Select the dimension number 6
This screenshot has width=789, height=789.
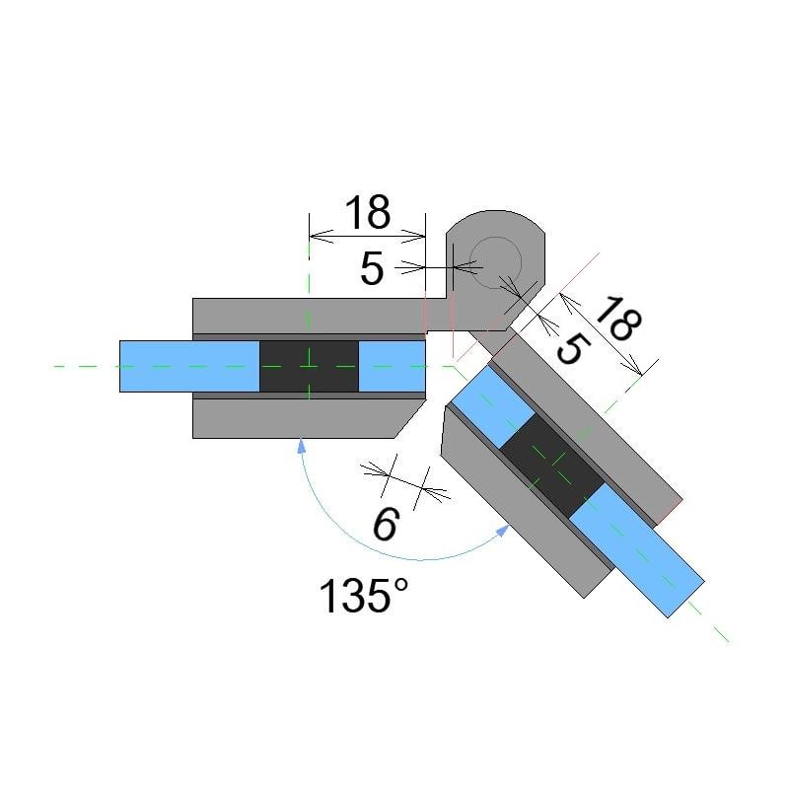click(x=385, y=525)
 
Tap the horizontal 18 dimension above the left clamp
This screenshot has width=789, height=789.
click(x=367, y=212)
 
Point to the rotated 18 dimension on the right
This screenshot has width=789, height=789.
click(x=616, y=319)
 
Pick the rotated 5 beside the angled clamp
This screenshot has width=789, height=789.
click(x=571, y=347)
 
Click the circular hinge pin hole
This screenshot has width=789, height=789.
click(x=495, y=262)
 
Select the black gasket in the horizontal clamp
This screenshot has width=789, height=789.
click(x=309, y=366)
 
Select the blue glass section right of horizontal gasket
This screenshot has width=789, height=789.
click(x=391, y=366)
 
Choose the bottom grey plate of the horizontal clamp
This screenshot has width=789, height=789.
click(x=296, y=418)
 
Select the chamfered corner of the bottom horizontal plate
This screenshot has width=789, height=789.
click(x=409, y=418)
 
